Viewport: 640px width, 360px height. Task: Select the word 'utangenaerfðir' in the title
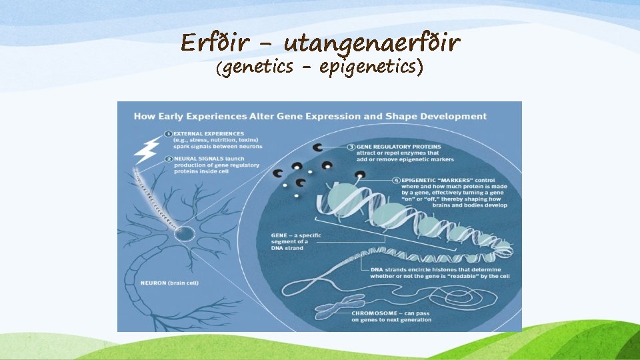372,45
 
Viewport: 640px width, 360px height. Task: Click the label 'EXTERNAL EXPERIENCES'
208,134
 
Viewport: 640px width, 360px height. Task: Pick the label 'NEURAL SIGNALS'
197,158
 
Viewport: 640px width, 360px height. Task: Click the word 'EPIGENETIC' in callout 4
421,180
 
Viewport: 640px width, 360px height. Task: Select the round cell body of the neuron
185,234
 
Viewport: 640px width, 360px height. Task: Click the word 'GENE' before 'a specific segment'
279,235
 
